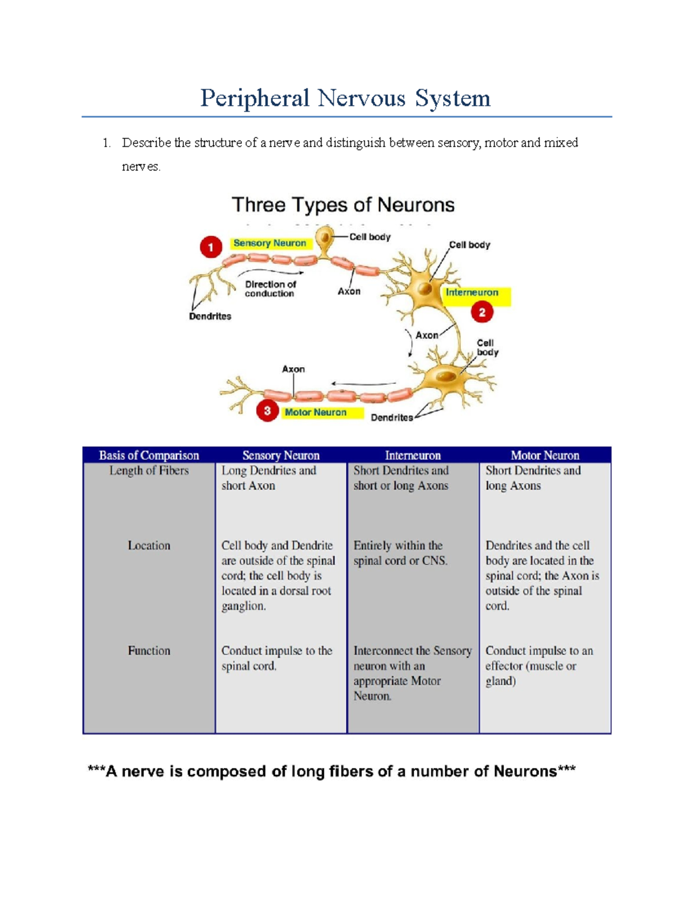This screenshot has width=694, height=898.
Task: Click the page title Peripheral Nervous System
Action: (x=345, y=98)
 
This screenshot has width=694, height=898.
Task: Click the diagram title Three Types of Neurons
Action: (x=343, y=205)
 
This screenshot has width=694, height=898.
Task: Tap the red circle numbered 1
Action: (x=211, y=248)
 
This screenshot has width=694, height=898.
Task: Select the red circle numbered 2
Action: (x=482, y=313)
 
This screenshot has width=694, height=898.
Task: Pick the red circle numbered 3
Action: (x=267, y=411)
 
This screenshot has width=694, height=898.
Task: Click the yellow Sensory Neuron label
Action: (x=270, y=243)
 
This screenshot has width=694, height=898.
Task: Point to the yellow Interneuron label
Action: (x=472, y=293)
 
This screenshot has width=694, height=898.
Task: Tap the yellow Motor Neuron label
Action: (x=316, y=412)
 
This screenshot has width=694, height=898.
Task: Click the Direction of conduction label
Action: (x=270, y=289)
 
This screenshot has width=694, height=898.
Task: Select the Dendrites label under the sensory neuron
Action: (x=210, y=316)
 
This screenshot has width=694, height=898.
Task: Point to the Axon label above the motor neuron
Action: (x=293, y=369)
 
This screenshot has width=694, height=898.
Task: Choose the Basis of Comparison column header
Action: (x=149, y=455)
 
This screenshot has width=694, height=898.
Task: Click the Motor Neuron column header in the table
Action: (x=545, y=455)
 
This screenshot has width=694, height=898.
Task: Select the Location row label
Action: (x=149, y=545)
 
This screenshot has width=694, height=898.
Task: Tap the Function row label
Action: (x=149, y=651)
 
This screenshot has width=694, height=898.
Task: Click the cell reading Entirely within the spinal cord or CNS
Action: (x=400, y=553)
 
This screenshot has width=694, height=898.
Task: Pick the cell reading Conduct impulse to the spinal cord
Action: (x=277, y=658)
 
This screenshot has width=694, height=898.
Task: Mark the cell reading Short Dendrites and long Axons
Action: (x=533, y=478)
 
